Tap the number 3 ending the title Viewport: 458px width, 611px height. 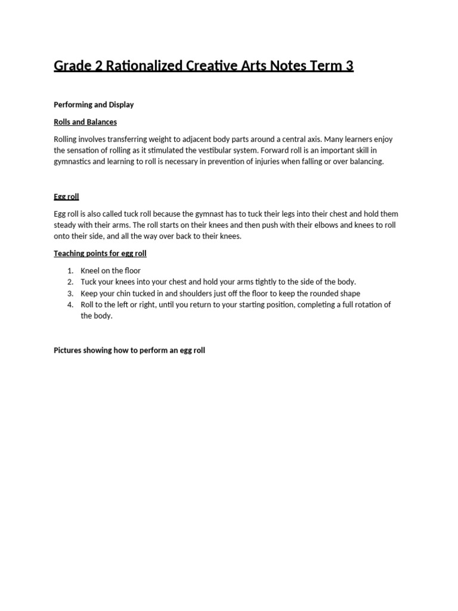(x=349, y=66)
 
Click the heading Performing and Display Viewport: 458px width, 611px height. (x=94, y=104)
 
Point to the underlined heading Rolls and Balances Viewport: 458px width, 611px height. (x=85, y=122)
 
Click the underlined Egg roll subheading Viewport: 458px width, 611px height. (x=66, y=196)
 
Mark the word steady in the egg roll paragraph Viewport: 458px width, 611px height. (x=66, y=225)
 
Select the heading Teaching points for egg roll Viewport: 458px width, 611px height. (x=100, y=253)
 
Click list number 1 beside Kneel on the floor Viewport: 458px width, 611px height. (x=70, y=270)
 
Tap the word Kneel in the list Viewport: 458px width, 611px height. (x=91, y=270)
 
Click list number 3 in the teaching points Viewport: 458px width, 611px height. (x=70, y=293)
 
